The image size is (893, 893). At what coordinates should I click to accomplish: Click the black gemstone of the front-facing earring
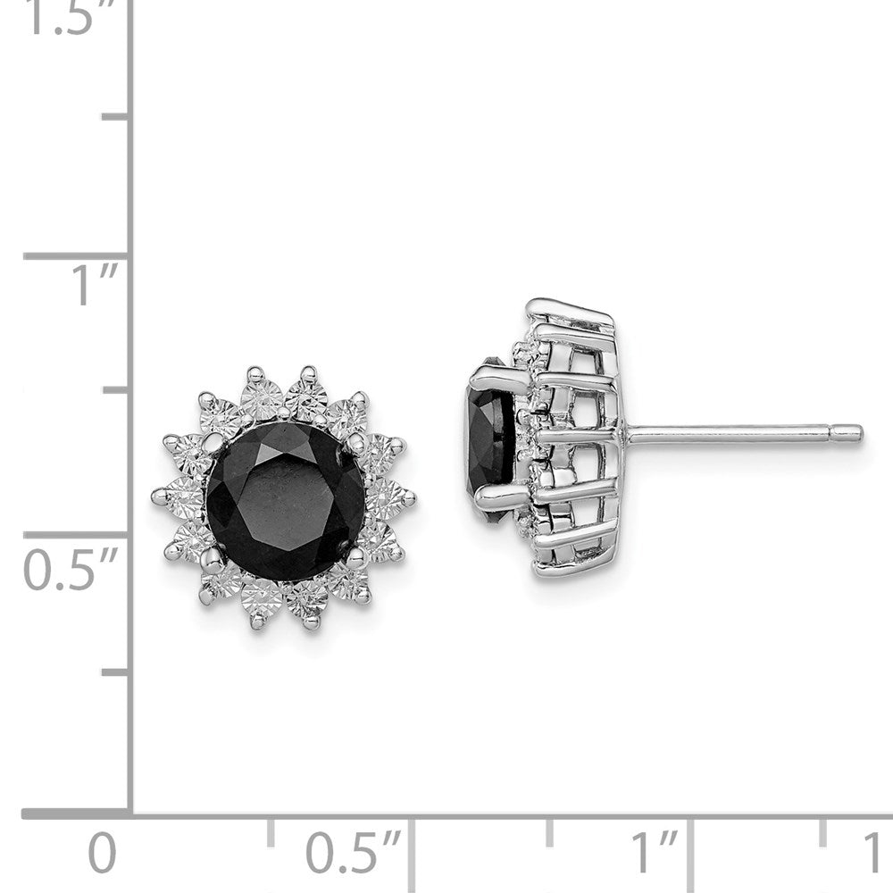284,500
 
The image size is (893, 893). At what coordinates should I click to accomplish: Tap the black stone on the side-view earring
490,438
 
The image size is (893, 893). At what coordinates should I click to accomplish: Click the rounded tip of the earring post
854,434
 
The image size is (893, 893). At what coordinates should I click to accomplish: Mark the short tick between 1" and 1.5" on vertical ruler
116,117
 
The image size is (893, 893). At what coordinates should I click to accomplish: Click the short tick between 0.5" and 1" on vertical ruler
116,391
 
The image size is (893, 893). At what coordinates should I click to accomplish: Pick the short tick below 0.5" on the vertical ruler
116,672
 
